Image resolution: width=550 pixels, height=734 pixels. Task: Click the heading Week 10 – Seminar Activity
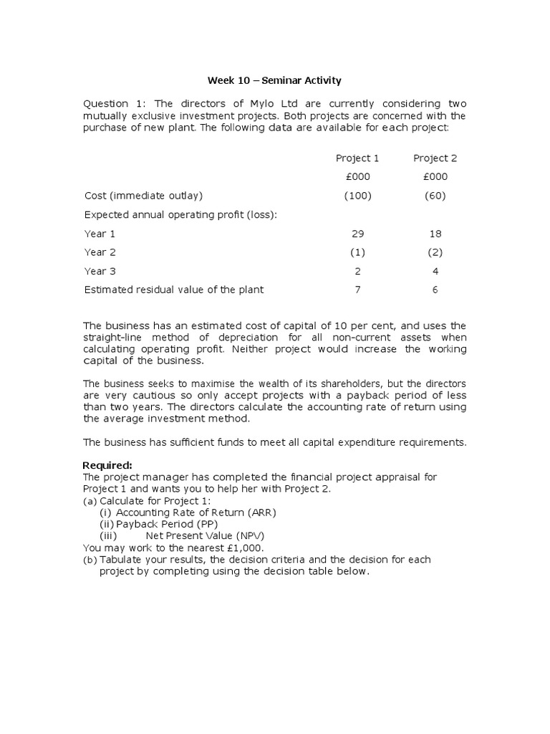coord(274,80)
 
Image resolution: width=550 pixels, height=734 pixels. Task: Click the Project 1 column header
coord(357,158)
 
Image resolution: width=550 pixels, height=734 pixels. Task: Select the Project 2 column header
coord(435,158)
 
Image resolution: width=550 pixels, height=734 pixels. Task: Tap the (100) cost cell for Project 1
coord(357,196)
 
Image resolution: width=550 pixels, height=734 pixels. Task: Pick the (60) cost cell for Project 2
coord(435,196)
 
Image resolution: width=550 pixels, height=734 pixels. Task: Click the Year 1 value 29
coord(357,234)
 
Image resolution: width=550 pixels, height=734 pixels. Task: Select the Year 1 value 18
coord(435,234)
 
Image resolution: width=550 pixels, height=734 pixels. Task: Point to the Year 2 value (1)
coord(357,252)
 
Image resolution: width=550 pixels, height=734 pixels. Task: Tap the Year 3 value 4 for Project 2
coord(435,271)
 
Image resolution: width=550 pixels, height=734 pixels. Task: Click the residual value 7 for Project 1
coord(357,290)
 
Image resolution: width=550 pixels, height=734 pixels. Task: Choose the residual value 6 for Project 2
coord(435,290)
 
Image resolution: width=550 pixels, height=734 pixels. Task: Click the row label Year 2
coord(100,252)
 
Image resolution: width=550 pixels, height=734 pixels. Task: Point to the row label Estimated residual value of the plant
coord(174,290)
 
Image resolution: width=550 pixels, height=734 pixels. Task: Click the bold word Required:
coord(108,466)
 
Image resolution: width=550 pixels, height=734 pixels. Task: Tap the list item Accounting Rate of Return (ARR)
coord(196,513)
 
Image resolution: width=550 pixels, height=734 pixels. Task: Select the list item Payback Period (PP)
coord(167,524)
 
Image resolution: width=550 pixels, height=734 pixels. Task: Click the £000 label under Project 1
coord(357,177)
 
